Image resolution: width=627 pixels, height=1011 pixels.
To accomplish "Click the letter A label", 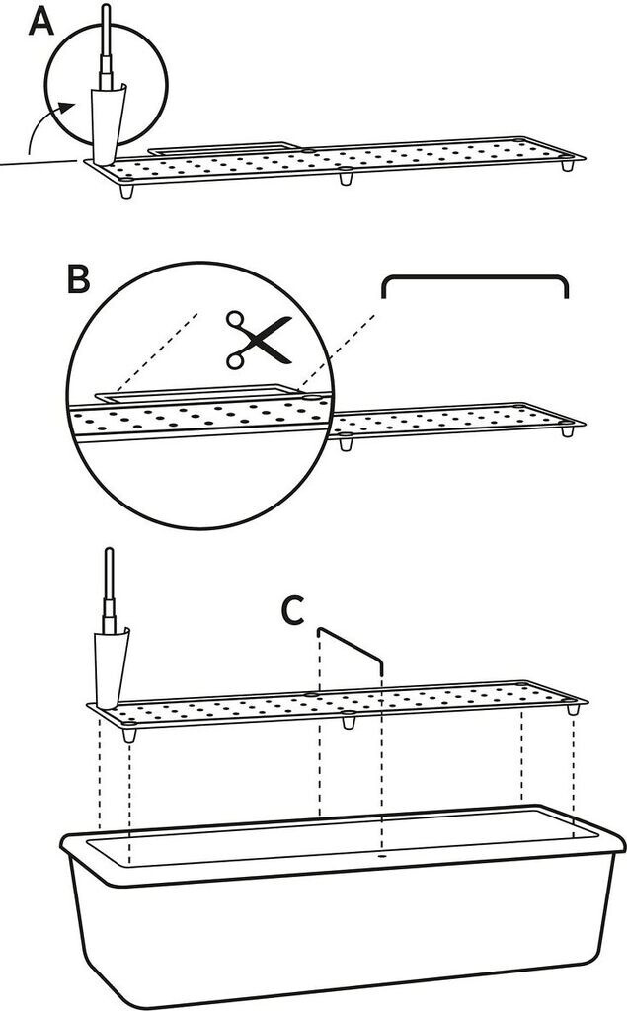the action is pyautogui.click(x=42, y=22).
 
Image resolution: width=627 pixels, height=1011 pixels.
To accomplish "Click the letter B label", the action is pyautogui.click(x=78, y=280).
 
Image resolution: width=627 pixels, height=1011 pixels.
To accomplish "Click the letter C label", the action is pyautogui.click(x=293, y=610).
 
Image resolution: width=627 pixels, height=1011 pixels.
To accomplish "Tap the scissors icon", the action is pyautogui.click(x=257, y=340).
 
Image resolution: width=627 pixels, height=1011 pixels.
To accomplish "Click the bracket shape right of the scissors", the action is pyautogui.click(x=475, y=286).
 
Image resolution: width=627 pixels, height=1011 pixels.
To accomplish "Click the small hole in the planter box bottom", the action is pyautogui.click(x=382, y=857).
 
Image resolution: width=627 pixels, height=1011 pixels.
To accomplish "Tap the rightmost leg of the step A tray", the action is pyautogui.click(x=568, y=165).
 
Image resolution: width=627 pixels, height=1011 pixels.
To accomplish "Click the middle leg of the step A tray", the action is pyautogui.click(x=347, y=177).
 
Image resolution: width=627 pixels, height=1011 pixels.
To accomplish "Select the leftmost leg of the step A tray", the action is pyautogui.click(x=127, y=192).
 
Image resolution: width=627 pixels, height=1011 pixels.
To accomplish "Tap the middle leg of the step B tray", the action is pyautogui.click(x=346, y=442).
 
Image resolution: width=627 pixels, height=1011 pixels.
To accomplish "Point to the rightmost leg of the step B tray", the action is pyautogui.click(x=568, y=430).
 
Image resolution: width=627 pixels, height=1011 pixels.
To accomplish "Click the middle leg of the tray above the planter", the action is pyautogui.click(x=349, y=720).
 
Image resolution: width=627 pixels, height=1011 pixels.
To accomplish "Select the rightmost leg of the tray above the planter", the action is pyautogui.click(x=571, y=708).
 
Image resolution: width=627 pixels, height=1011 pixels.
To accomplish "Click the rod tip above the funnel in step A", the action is pyautogui.click(x=107, y=8).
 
